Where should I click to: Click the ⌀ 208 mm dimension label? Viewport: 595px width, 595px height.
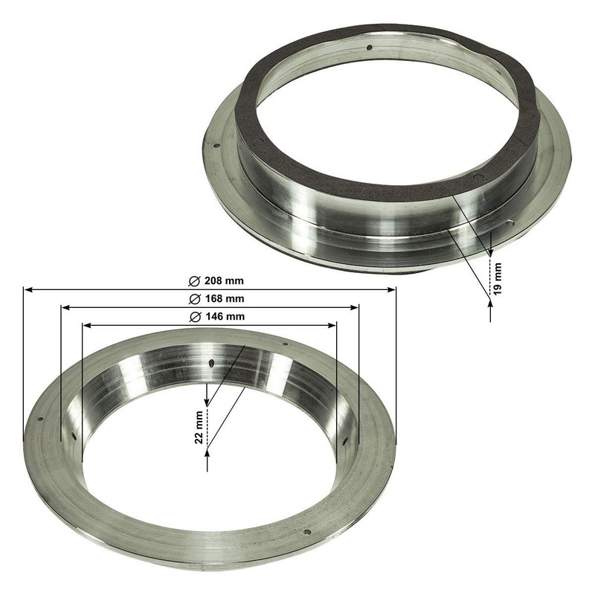tap(216, 281)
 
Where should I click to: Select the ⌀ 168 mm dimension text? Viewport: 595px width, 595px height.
tap(216, 299)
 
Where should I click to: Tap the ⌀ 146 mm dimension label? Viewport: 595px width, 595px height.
tap(216, 317)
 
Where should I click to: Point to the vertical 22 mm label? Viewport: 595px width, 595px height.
tap(199, 428)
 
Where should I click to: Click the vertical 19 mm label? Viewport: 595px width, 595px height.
tap(499, 276)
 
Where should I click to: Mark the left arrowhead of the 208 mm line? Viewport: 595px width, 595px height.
tap(27, 289)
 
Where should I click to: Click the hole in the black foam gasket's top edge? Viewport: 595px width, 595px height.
tap(370, 48)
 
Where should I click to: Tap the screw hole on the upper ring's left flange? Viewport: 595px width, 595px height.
tap(215, 147)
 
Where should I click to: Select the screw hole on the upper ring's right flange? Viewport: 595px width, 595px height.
tap(510, 223)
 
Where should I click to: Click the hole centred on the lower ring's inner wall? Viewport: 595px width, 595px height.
tap(212, 363)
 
